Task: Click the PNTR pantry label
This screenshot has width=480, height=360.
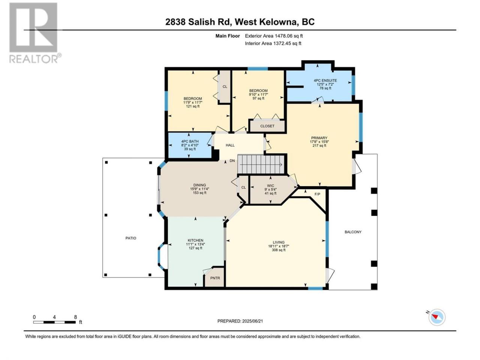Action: click(x=215, y=278)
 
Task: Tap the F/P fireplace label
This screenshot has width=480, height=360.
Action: click(x=317, y=194)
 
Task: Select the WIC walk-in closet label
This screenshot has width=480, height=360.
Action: click(x=270, y=186)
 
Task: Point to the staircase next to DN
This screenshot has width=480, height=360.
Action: click(x=261, y=164)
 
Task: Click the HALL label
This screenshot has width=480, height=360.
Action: click(x=230, y=145)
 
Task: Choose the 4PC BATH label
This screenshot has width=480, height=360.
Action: click(x=190, y=141)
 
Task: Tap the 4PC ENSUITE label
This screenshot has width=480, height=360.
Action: click(x=325, y=80)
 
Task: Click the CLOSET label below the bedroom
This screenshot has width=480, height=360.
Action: click(x=267, y=126)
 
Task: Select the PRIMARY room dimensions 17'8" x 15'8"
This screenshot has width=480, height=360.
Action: click(x=319, y=142)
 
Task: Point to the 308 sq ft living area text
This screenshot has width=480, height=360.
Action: click(x=279, y=250)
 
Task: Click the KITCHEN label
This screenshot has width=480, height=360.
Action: click(x=195, y=240)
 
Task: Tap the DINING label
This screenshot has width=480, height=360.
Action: click(x=199, y=185)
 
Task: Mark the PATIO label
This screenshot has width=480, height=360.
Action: click(x=131, y=238)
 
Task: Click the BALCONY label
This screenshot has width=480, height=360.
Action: click(x=353, y=232)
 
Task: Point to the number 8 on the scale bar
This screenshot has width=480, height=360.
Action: click(x=75, y=317)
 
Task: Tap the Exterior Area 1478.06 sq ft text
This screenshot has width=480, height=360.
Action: click(x=274, y=36)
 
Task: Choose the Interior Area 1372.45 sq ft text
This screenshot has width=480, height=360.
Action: click(x=273, y=43)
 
